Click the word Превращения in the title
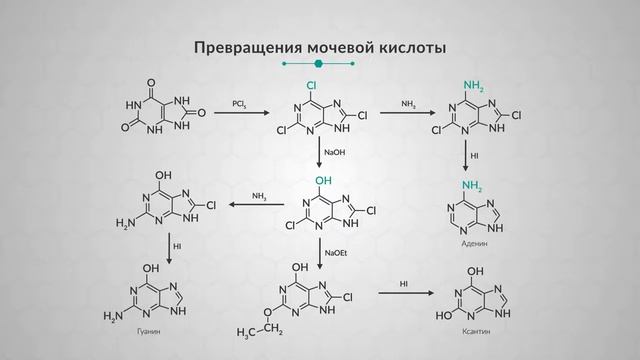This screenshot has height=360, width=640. click(238, 47)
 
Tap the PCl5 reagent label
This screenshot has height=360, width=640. click(240, 103)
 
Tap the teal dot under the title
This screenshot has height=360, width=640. click(319, 64)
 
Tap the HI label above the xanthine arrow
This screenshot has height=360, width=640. click(404, 284)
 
